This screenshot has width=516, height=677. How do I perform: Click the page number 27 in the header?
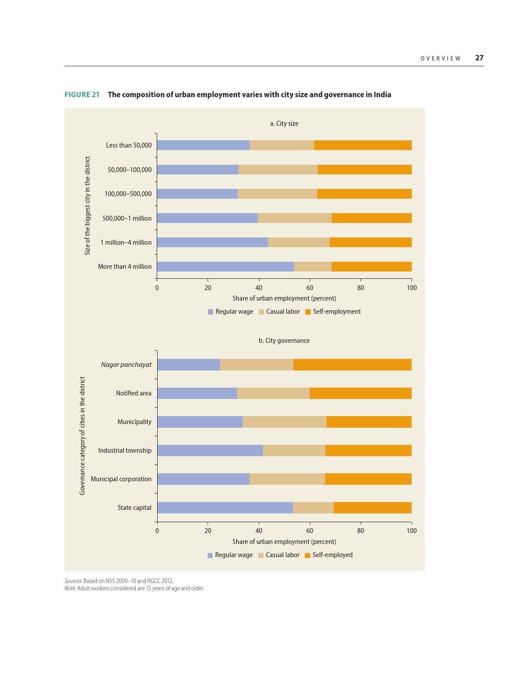479,58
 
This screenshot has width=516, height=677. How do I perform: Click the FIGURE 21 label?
82,94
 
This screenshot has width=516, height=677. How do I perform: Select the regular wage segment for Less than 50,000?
203,145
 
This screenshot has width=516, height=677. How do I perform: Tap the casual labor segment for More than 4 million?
313,267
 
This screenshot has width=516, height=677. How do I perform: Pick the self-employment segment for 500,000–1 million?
372,218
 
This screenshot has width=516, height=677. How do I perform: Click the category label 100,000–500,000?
128,194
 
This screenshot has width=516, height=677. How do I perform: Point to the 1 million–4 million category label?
126,242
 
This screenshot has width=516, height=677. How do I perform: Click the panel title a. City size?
284,124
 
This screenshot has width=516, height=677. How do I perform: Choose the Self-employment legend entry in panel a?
336,311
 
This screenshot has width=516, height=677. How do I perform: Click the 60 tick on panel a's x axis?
310,288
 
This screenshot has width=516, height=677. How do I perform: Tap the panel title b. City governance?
284,341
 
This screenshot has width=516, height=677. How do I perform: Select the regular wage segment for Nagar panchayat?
189,365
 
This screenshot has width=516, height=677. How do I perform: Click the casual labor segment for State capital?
313,508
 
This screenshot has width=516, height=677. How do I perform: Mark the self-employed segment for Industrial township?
368,450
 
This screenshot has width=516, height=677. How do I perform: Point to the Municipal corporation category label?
121,479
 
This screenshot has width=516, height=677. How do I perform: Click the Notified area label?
134,393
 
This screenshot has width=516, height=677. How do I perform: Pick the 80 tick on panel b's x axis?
361,531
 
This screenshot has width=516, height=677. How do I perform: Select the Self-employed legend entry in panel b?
332,555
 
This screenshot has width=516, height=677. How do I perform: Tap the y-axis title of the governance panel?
82,435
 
